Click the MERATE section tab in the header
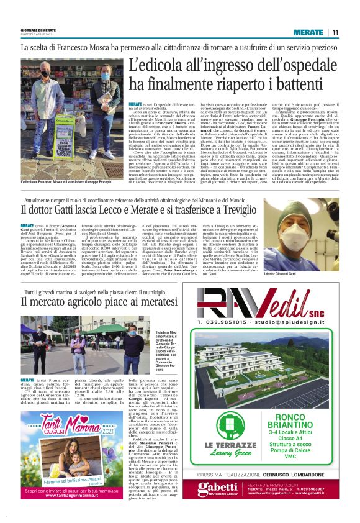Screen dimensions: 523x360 pos(308,32)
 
